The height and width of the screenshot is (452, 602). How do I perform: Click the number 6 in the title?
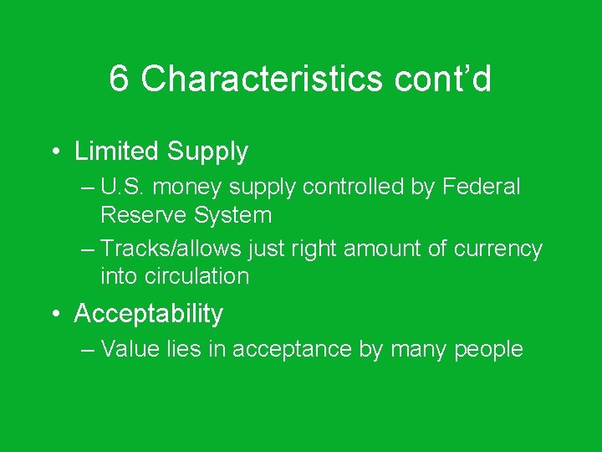pos(120,80)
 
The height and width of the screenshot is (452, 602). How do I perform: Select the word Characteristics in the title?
pos(248,80)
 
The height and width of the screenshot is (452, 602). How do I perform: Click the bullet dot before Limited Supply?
pos(54,152)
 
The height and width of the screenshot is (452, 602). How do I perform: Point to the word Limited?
pos(116,152)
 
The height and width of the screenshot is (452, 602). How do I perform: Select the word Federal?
pos(482,187)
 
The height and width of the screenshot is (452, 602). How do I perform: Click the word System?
pos(233,215)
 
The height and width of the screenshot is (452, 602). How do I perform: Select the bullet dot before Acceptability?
pos(54,314)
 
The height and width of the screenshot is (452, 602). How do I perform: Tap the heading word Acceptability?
pos(149,314)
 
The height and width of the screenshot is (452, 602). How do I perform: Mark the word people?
pos(488,349)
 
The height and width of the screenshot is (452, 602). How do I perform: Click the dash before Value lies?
pos(89,349)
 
